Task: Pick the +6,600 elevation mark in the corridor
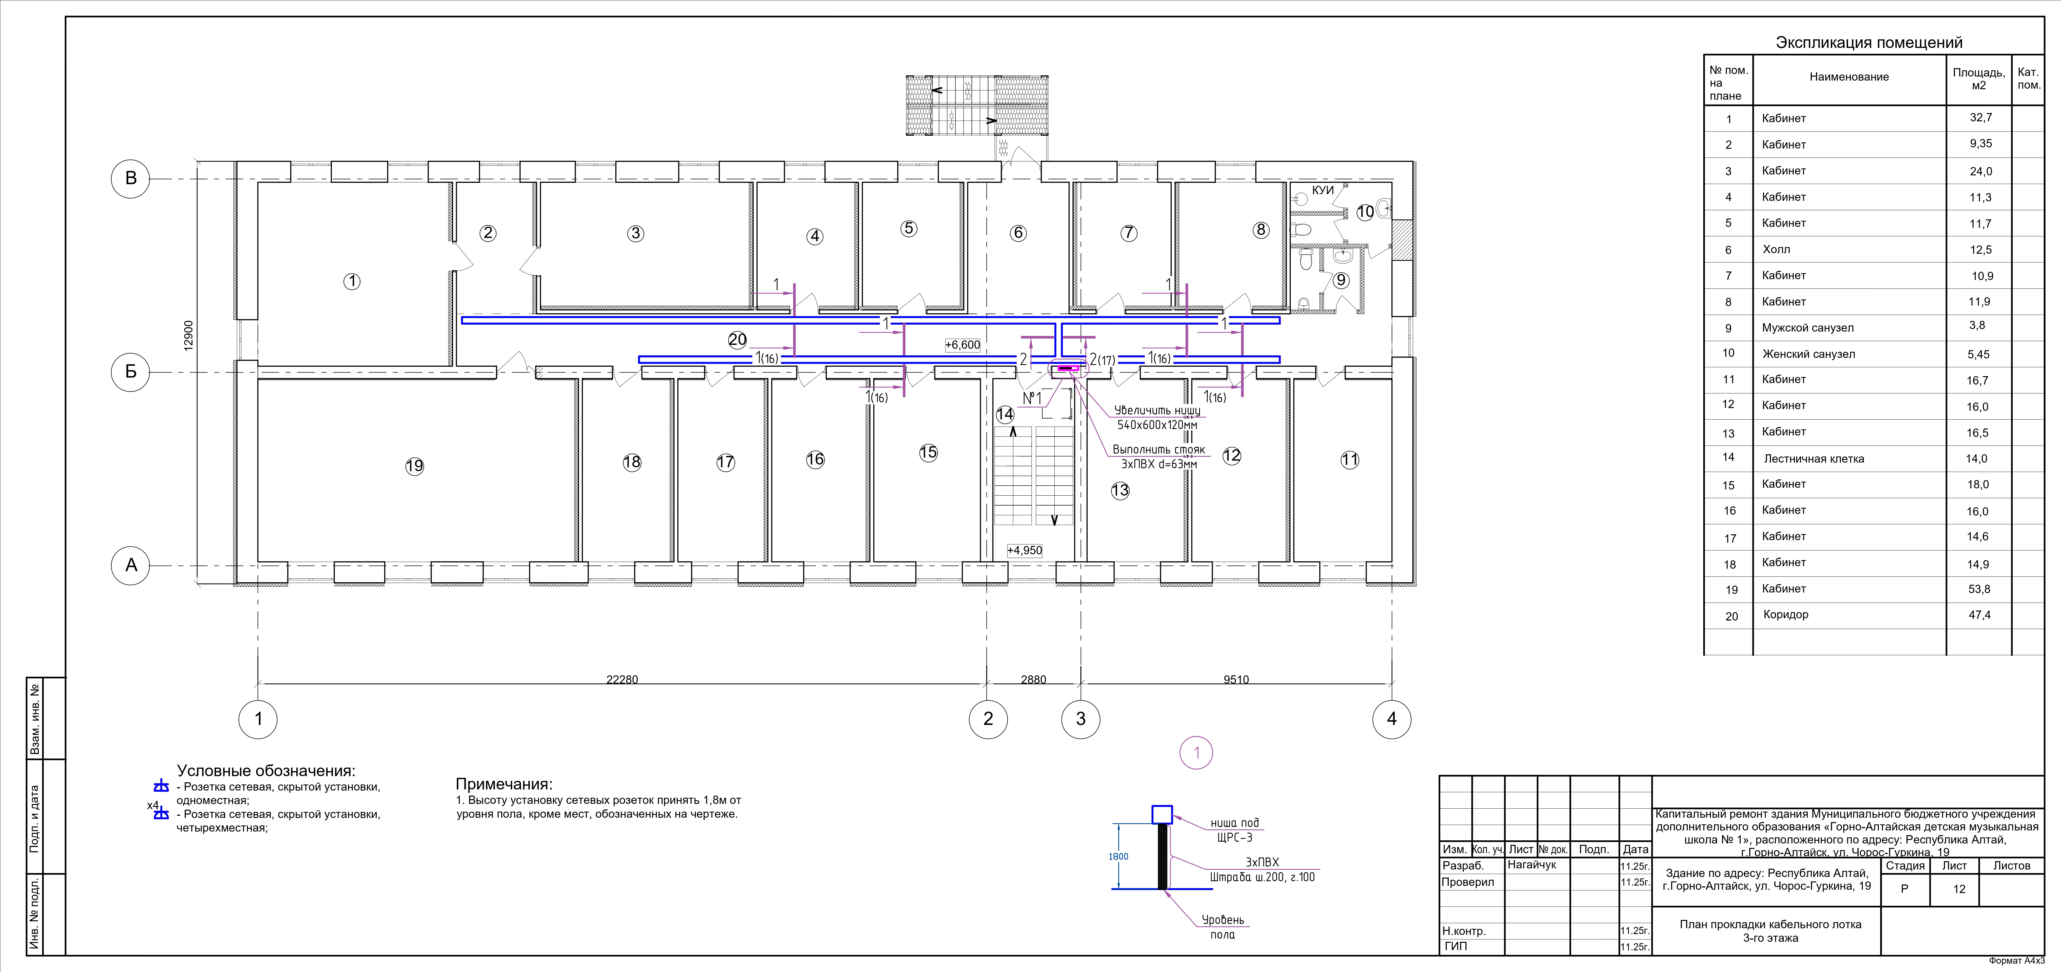pos(962,345)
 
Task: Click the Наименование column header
pos(1849,77)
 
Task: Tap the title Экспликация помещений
pos(1869,42)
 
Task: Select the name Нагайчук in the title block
pos(1532,865)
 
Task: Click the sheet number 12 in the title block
pos(1959,889)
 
